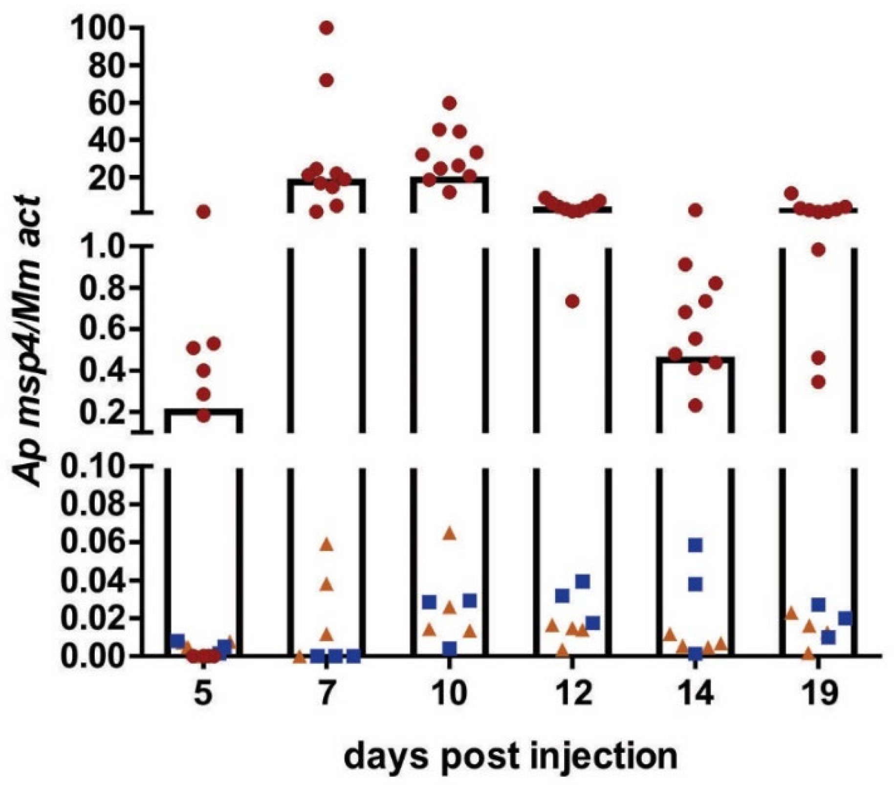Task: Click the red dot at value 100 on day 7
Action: point(327,28)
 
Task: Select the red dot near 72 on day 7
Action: point(327,80)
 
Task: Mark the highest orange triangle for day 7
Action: point(327,545)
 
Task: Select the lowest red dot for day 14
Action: point(696,405)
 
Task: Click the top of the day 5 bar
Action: point(203,410)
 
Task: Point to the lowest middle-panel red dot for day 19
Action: point(818,382)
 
